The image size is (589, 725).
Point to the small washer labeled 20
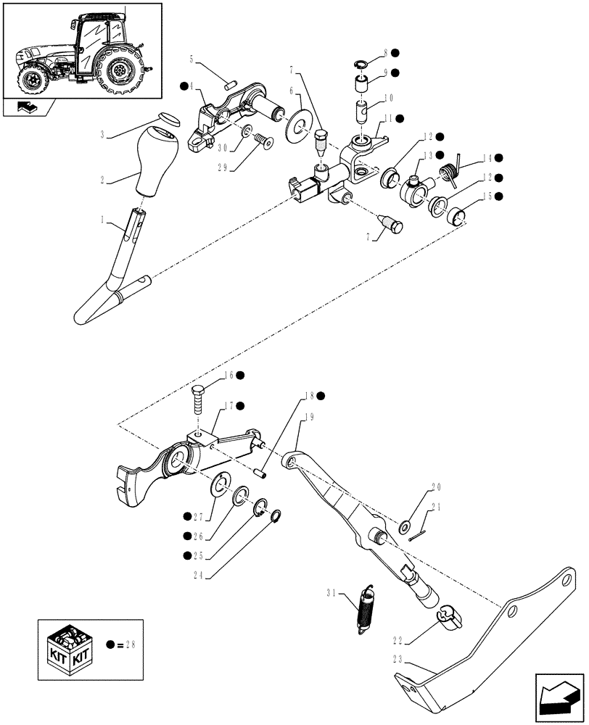(x=404, y=523)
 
